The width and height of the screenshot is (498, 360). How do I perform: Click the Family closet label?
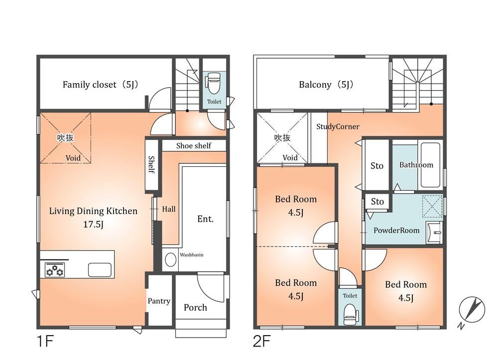[101, 85]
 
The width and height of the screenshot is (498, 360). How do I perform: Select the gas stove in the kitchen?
[55, 270]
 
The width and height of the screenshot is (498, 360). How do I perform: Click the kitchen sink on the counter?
[100, 270]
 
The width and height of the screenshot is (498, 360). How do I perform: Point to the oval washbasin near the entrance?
[170, 260]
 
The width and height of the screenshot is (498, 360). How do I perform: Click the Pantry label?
[159, 301]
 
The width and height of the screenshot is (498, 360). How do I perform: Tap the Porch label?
[195, 307]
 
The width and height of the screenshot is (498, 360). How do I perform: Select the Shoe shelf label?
[194, 146]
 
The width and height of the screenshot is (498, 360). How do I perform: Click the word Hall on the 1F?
[169, 209]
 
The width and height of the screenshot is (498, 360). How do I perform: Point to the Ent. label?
[205, 219]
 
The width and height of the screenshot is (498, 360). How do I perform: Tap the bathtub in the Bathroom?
[431, 165]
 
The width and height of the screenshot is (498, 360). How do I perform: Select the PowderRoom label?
[396, 231]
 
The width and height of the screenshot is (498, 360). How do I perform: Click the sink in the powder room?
[434, 233]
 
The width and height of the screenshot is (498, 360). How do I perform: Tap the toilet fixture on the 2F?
[350, 314]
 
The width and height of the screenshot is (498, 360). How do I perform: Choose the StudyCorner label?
[338, 126]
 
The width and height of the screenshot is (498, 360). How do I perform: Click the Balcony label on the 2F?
[326, 85]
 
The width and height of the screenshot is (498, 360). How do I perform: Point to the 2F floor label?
[261, 342]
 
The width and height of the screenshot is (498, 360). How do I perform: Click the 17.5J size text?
[94, 225]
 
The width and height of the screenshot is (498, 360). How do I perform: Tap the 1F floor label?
[45, 342]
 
